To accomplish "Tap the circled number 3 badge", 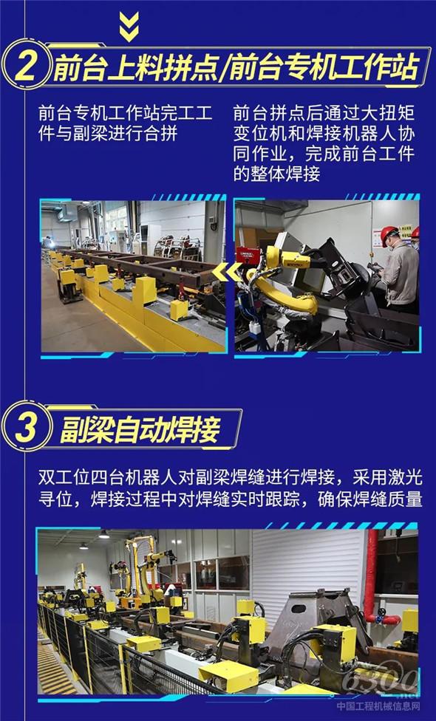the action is [25, 427].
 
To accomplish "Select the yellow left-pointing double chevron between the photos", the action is [227, 272].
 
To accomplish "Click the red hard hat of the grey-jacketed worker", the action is [389, 234].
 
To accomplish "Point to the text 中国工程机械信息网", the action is [378, 705].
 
